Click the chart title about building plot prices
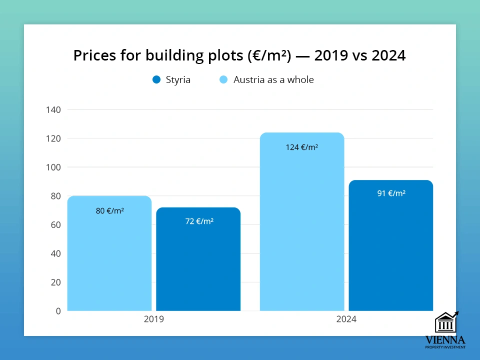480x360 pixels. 239,55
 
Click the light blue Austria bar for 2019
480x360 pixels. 109,260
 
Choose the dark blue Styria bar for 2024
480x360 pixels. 390,250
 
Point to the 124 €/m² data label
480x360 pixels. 302,147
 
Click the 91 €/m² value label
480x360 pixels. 391,193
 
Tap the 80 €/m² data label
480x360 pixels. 109,211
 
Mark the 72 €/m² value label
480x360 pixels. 199,220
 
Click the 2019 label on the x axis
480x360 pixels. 153,319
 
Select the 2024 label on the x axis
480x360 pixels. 346,319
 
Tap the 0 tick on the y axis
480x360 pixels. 58,311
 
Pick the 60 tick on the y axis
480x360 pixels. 55,224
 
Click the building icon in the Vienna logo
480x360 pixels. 445,322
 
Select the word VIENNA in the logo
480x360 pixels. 445,340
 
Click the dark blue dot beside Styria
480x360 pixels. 156,79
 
